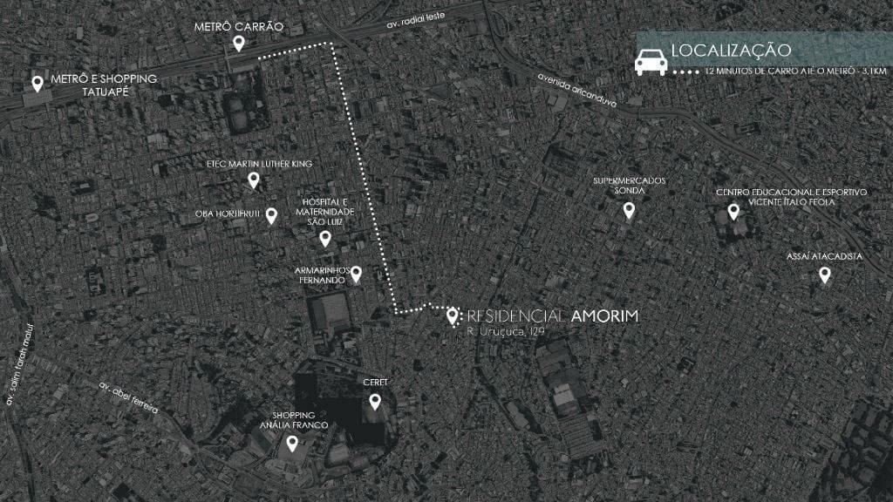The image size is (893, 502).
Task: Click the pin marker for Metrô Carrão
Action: click(x=238, y=44)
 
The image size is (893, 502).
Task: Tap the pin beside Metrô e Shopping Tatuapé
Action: click(x=37, y=84)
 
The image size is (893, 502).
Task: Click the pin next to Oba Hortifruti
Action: click(x=271, y=214)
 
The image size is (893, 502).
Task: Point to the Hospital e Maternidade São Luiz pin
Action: click(x=325, y=237)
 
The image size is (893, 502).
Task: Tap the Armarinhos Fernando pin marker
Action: click(x=356, y=274)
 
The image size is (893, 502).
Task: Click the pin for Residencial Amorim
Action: click(x=453, y=316)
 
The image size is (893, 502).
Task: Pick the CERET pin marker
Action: click(x=375, y=401)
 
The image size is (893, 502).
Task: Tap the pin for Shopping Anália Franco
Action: click(x=293, y=443)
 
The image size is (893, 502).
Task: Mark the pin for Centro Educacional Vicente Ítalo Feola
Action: click(x=733, y=211)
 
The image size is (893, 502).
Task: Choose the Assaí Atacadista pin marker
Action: click(x=824, y=275)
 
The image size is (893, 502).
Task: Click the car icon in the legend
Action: click(x=650, y=62)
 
